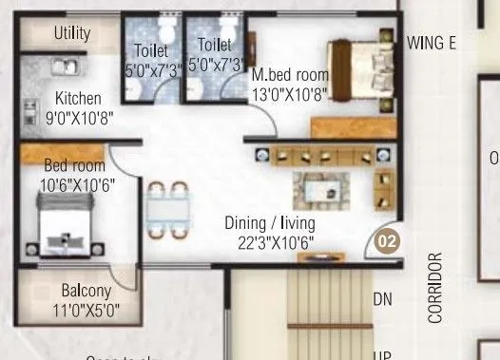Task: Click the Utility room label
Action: pos(72,34)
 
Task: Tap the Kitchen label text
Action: pos(78,98)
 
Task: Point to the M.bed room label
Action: pos(291,74)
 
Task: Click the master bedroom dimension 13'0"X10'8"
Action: pos(291,93)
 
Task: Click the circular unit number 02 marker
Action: pos(386,241)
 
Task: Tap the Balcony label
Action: pos(87,291)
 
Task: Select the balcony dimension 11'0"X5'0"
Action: pos(87,311)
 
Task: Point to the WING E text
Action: pos(432,42)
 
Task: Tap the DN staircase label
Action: pos(382,299)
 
